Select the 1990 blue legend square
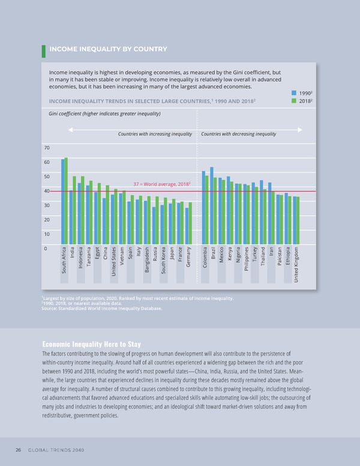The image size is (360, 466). point(294,93)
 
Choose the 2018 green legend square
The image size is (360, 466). point(294,101)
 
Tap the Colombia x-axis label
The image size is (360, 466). point(205,259)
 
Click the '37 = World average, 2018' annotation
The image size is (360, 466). point(153,184)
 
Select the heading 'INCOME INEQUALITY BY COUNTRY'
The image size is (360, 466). point(108,49)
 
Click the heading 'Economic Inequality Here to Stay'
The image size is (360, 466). point(92,344)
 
